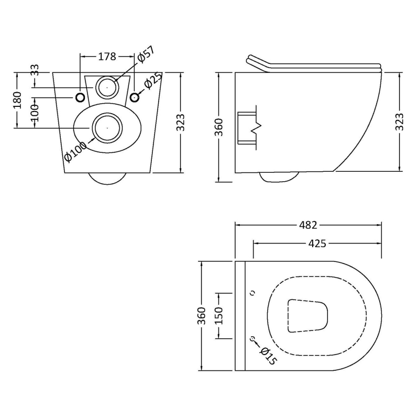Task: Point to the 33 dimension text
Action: point(35,70)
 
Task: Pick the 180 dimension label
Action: point(17,100)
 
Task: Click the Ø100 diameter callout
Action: point(75,151)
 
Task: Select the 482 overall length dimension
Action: point(308,225)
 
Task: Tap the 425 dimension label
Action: point(317,244)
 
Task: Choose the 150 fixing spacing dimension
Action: point(218,315)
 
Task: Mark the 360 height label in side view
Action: point(218,127)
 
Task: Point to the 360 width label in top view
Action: point(201,315)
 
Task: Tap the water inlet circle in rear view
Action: point(107,86)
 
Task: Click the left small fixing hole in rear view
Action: point(80,97)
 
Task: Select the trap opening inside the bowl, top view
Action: point(307,316)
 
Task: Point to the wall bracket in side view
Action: point(247,127)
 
